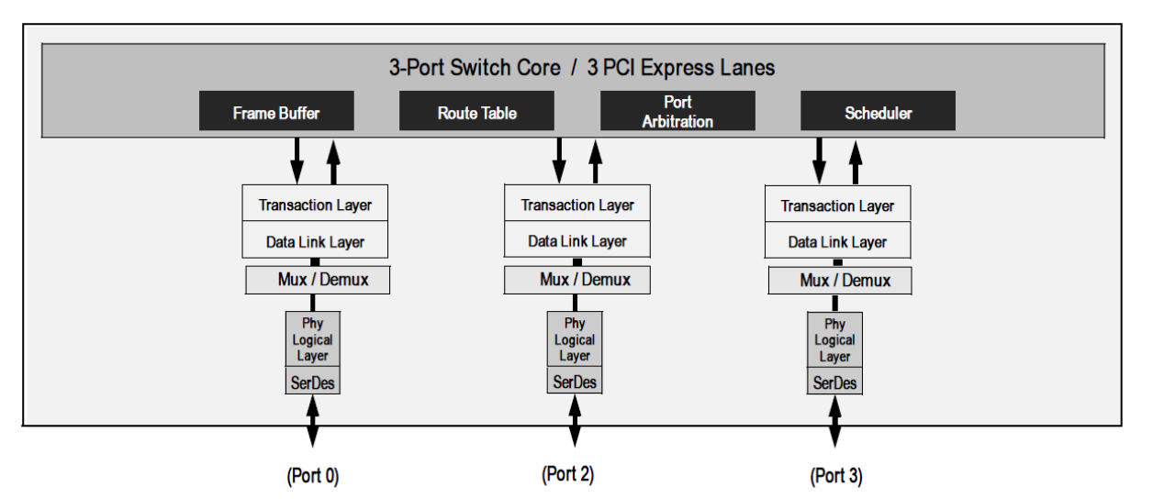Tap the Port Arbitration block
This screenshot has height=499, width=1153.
tap(677, 111)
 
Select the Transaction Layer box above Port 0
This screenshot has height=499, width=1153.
tap(315, 204)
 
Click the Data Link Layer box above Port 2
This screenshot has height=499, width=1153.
tap(576, 240)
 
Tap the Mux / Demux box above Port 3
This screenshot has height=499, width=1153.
tap(838, 280)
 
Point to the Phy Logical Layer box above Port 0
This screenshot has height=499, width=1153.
tap(312, 340)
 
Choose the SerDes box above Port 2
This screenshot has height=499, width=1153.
tap(575, 381)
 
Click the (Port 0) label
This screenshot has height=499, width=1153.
tap(312, 477)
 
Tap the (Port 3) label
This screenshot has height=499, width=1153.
tap(835, 477)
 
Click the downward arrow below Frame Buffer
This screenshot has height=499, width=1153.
tap(297, 161)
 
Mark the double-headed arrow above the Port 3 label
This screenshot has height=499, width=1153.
tap(835, 423)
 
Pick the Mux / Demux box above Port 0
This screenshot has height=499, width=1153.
tap(318, 280)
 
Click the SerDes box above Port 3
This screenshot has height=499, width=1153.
tap(835, 382)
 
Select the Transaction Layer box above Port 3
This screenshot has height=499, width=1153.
tap(837, 205)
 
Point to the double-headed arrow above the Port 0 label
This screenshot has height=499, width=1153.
tap(312, 423)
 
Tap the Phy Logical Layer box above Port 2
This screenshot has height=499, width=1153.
tap(575, 339)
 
